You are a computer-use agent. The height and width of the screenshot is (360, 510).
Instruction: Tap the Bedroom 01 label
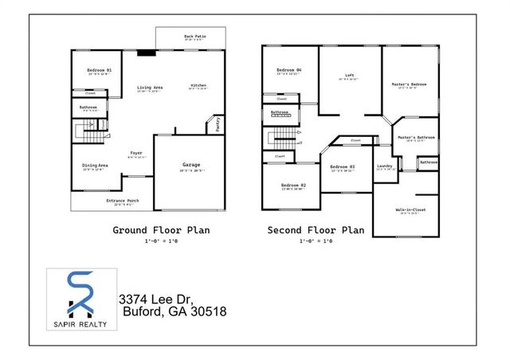click(x=100, y=71)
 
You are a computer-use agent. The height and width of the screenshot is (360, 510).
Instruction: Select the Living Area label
click(x=149, y=87)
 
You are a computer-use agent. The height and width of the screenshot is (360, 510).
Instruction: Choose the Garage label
click(x=191, y=165)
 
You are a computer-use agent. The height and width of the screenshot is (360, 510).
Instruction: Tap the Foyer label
click(x=136, y=153)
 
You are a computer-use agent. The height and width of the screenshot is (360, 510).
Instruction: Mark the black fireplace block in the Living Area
click(x=147, y=53)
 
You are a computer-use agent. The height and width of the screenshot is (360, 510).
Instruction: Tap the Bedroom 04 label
click(x=289, y=71)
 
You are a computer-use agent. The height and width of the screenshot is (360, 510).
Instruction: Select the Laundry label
click(x=386, y=166)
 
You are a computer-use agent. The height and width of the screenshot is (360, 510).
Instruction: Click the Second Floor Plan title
click(x=316, y=230)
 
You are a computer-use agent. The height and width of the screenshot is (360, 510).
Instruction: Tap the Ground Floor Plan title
click(x=161, y=230)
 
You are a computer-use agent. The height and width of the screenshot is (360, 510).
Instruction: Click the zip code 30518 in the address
click(x=208, y=312)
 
